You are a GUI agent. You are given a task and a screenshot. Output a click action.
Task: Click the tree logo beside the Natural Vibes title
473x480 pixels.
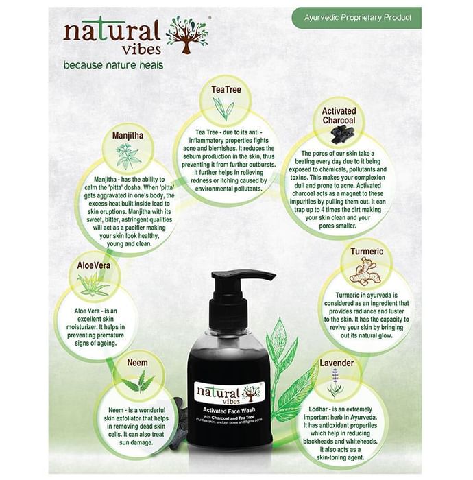point(187,35)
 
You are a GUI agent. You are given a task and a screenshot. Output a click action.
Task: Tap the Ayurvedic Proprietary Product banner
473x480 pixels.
point(356,18)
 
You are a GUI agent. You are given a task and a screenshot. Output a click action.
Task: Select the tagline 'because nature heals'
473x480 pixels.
point(113,65)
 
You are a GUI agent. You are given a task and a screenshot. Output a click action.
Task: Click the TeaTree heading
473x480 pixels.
point(226,89)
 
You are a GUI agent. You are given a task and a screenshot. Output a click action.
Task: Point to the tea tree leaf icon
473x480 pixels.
point(223,108)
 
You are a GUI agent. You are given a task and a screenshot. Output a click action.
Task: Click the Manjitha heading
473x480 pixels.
point(128,135)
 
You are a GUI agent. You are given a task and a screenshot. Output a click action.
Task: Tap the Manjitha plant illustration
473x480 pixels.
point(128,156)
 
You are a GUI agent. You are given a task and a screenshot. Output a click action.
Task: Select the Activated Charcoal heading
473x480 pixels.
point(339,115)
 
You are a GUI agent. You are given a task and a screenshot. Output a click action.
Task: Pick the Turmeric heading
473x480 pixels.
point(367,252)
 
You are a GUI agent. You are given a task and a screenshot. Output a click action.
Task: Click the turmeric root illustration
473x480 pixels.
point(365,272)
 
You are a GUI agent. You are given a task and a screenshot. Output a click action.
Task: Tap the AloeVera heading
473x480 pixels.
point(94,265)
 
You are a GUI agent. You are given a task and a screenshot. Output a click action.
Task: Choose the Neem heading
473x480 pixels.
point(137,363)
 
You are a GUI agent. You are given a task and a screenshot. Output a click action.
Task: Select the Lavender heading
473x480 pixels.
point(337,363)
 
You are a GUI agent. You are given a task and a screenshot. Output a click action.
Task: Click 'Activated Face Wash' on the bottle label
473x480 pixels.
point(229,411)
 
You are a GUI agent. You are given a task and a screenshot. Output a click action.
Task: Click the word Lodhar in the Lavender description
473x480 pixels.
point(319,409)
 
